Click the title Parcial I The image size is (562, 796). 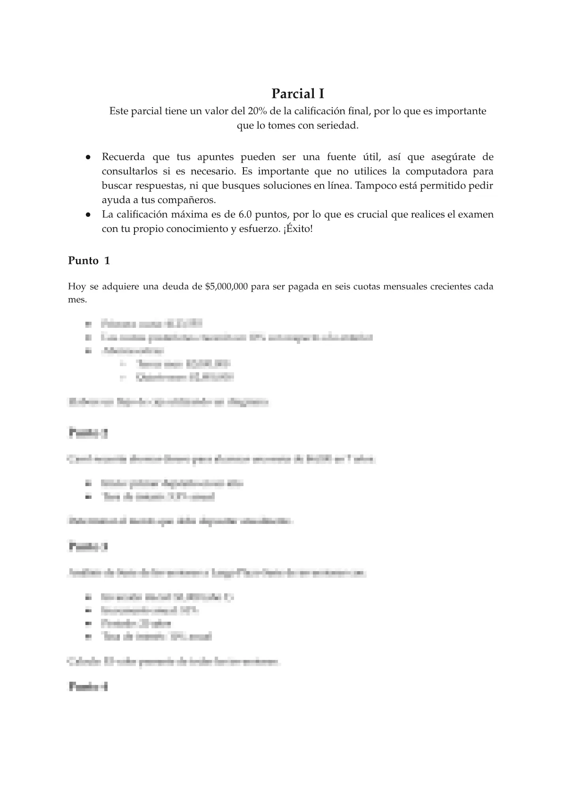(x=298, y=94)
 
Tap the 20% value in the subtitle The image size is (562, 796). (x=254, y=111)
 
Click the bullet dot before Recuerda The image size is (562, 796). (x=88, y=157)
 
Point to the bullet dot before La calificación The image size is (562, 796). (x=88, y=214)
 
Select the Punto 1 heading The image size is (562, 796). (x=89, y=261)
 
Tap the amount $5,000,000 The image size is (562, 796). (x=227, y=287)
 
